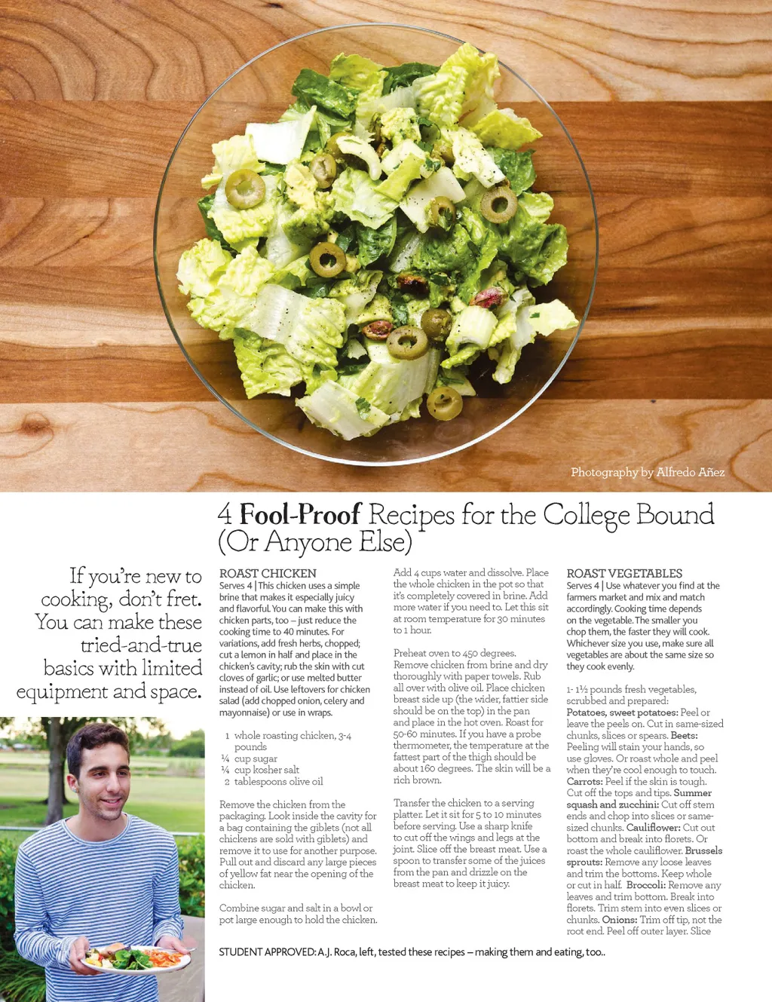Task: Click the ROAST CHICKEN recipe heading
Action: coord(268,574)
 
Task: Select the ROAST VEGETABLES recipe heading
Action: coord(624,574)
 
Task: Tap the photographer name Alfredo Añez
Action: coord(690,473)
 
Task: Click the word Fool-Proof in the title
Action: coord(300,515)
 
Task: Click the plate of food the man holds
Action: coord(136,958)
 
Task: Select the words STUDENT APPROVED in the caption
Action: coord(267,952)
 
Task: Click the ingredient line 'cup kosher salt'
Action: coord(266,770)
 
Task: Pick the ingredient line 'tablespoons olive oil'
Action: coord(278,782)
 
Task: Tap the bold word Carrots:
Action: coord(584,782)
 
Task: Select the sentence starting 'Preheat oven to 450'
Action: coord(455,654)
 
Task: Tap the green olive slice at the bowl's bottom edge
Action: coord(445,403)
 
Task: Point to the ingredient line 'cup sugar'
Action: coord(256,758)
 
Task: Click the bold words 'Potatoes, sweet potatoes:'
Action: coord(622,712)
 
